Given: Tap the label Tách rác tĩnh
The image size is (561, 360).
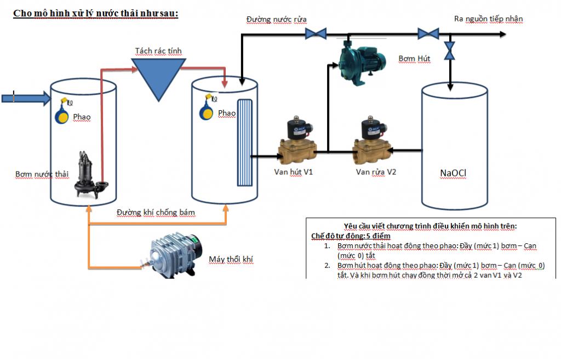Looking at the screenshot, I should pos(158,51).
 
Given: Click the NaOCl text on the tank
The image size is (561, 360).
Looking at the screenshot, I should pos(453,174).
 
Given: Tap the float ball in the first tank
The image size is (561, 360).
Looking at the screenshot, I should pos(64,115).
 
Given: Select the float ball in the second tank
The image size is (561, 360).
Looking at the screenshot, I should pos(207,111).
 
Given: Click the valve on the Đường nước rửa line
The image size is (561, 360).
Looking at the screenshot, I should pos(316,34).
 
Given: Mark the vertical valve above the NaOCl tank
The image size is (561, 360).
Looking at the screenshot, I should pos(449,51).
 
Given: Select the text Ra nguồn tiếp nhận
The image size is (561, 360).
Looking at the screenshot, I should pos(488,19).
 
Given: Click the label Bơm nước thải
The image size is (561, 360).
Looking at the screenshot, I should pos(42,174).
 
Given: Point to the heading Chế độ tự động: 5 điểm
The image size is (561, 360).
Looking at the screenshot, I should pos(351,236).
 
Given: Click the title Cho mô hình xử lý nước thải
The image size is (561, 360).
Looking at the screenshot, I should pos(95,13).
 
